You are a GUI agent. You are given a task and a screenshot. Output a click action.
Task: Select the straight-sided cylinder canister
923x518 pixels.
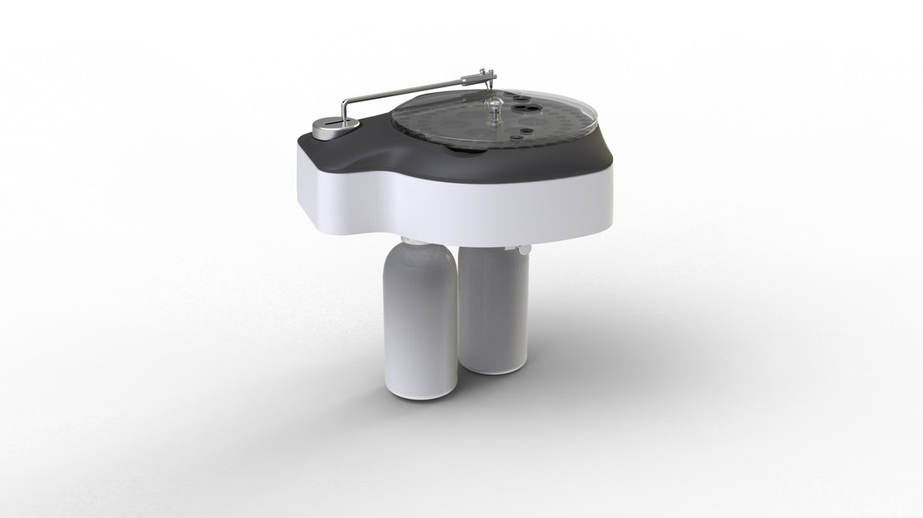click(493, 305)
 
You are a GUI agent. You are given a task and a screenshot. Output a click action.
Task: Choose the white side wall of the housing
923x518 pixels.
click(461, 202)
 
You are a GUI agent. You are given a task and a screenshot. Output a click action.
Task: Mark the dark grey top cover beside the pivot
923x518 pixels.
click(363, 152)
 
